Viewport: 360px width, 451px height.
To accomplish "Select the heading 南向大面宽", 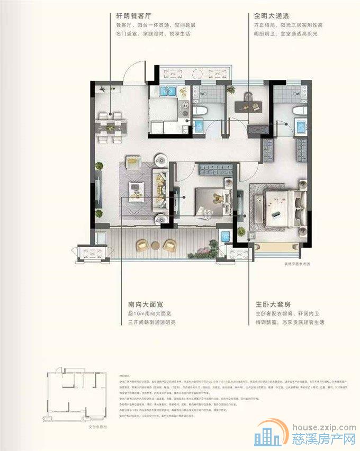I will [x=146, y=305].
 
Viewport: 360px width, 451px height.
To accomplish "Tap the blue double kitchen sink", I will [x=169, y=91].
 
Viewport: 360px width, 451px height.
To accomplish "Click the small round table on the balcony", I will [x=156, y=245].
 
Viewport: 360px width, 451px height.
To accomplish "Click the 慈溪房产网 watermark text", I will [x=324, y=439].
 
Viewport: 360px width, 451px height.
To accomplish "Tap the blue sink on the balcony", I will [x=225, y=237].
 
